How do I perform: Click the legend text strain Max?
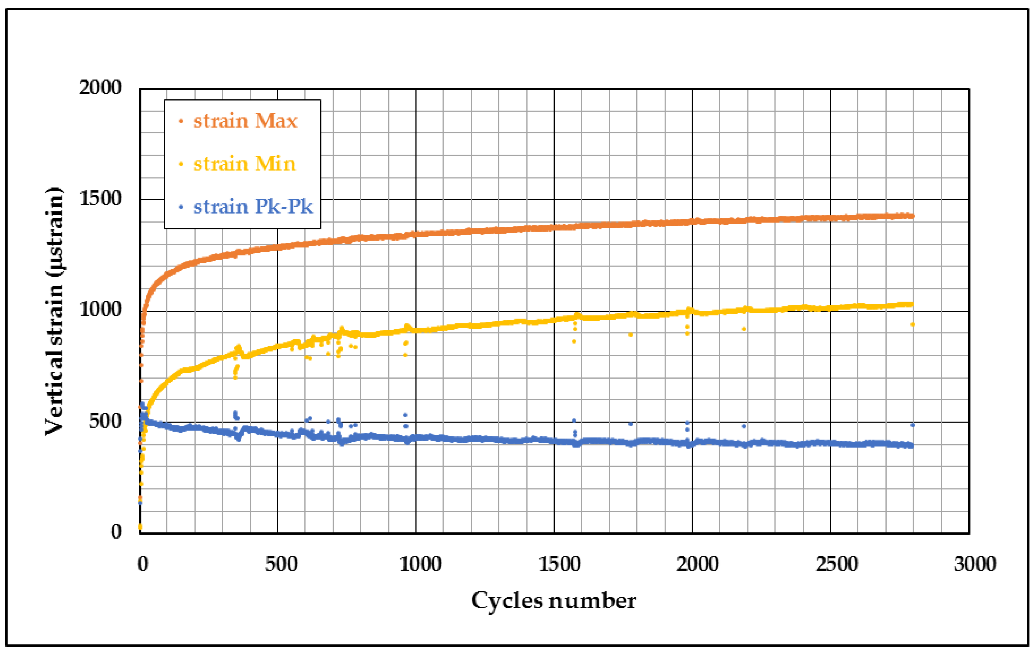(245, 121)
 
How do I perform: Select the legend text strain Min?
(245, 164)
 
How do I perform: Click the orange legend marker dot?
(181, 121)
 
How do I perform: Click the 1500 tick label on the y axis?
(100, 198)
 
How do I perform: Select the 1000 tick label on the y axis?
(100, 309)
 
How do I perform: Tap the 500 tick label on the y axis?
(105, 421)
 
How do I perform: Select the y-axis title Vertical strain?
(55, 311)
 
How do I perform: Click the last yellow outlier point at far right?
(912, 325)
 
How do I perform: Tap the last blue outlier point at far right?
(912, 425)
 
